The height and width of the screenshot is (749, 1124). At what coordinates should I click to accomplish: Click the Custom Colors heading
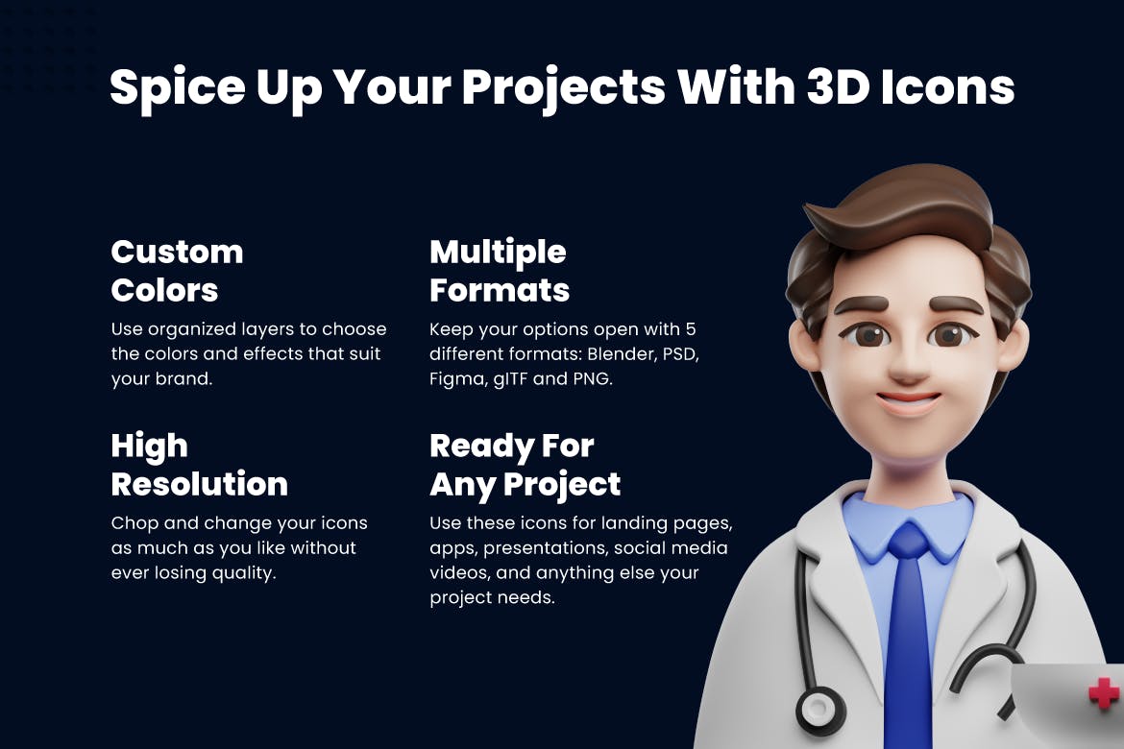(x=177, y=271)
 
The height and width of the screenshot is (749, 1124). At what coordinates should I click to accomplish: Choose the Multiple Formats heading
(x=500, y=271)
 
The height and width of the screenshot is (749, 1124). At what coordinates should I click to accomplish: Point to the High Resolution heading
(x=199, y=465)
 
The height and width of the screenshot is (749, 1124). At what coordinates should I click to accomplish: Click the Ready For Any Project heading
(x=525, y=465)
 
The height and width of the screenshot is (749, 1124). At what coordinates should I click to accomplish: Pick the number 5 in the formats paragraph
(x=691, y=329)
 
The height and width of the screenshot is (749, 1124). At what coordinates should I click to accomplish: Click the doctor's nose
(x=908, y=363)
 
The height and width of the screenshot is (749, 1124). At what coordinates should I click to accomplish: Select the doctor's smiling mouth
(x=908, y=400)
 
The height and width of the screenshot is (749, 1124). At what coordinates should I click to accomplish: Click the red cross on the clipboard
(x=1104, y=693)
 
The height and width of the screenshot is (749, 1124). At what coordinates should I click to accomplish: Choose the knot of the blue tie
(x=908, y=540)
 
